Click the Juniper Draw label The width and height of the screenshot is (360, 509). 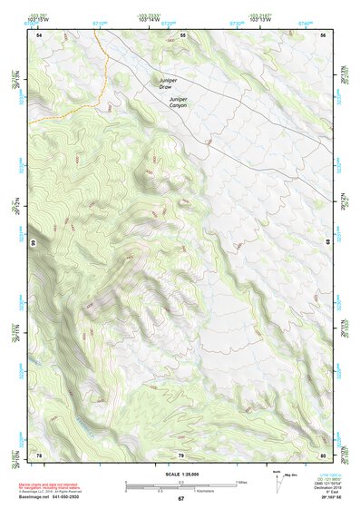170,83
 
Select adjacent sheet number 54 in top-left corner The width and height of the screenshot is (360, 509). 39,35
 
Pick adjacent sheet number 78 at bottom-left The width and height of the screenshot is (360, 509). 39,454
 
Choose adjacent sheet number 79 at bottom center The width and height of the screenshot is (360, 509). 180,454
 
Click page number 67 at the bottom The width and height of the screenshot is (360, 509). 180,499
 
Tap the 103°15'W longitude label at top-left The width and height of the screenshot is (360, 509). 38,19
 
